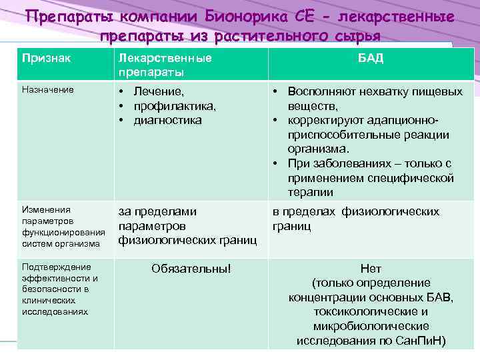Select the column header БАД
click(x=370, y=58)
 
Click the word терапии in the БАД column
click(x=311, y=193)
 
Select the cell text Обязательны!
click(x=191, y=268)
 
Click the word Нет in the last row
click(x=371, y=268)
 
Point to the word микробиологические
click(x=371, y=326)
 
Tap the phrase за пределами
click(x=157, y=211)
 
